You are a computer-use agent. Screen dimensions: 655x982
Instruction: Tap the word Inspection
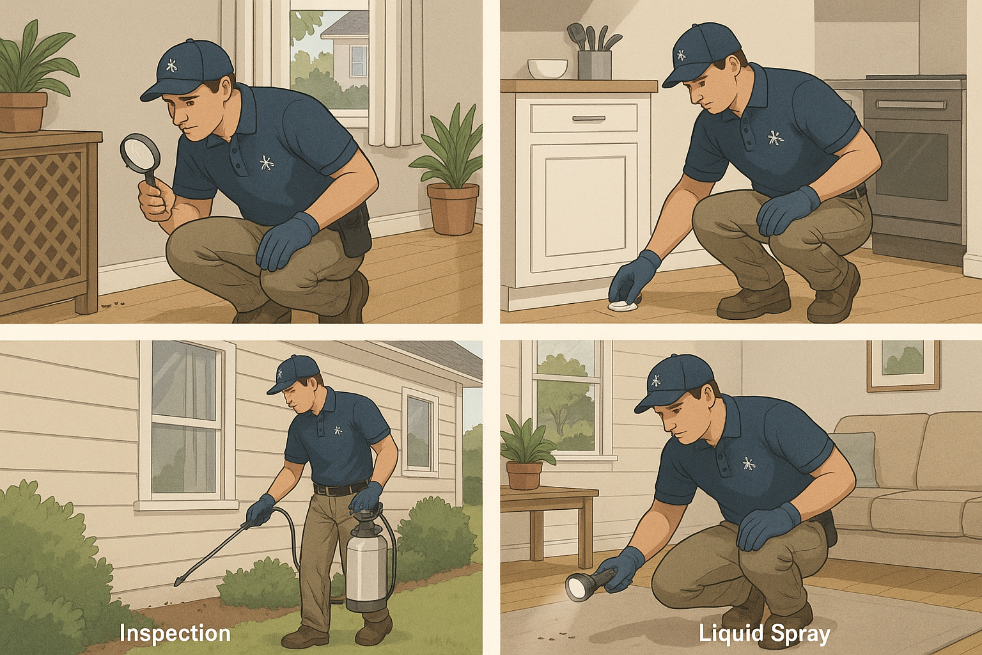[x=175, y=633]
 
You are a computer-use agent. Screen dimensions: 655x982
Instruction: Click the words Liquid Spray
[x=764, y=633]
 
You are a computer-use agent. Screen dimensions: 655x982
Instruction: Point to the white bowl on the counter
[x=547, y=68]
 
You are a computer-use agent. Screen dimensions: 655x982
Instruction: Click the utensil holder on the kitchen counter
[x=594, y=64]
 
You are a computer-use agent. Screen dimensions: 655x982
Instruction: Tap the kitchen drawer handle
[x=588, y=118]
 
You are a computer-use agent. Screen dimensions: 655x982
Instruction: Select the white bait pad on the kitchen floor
[x=620, y=306]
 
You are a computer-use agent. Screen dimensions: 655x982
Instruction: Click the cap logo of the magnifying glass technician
[x=171, y=65]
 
